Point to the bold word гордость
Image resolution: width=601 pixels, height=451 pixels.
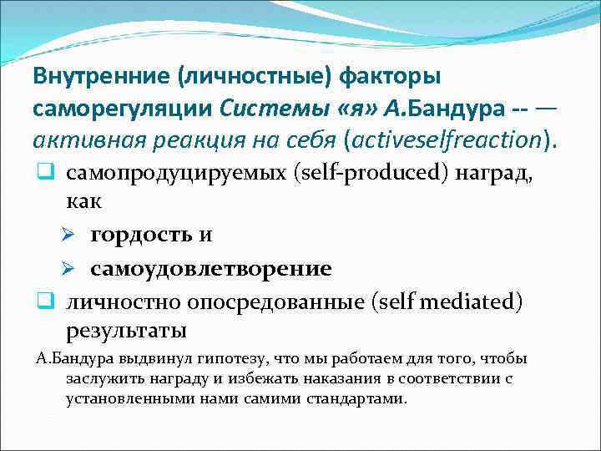click(x=142, y=236)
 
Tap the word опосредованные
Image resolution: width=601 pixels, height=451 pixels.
click(x=267, y=301)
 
